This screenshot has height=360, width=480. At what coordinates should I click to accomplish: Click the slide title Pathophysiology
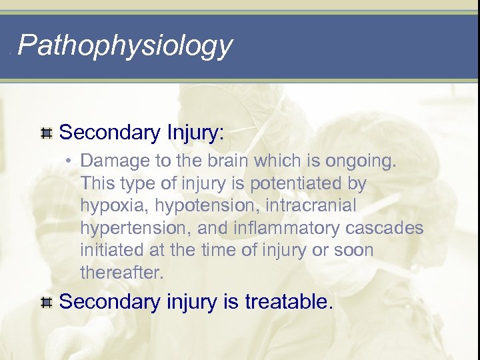point(125,45)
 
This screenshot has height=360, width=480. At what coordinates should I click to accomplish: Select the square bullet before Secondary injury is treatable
point(47,304)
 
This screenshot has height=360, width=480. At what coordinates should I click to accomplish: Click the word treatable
point(288,303)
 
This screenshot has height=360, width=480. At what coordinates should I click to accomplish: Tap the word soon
point(355,251)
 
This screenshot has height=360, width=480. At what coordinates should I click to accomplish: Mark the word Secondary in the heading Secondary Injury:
point(107,133)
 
